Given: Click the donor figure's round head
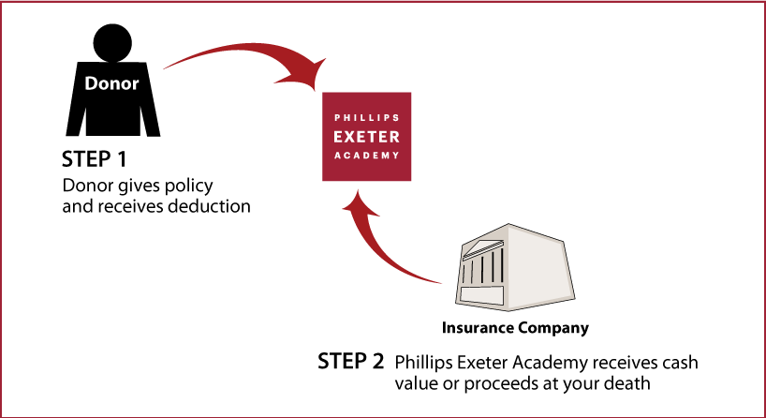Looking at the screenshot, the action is point(112,43).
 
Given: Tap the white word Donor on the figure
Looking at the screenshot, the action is point(111,83).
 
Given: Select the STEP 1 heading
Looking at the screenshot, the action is point(95,159).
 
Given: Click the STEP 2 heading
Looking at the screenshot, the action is point(351,361).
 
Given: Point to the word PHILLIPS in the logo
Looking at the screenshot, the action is point(367,118).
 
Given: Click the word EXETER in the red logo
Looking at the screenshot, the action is point(366,137).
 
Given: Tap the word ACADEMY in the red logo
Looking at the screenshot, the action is point(367,156).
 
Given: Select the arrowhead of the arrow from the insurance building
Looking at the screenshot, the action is point(359,204).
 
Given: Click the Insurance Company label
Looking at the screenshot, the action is point(515,327).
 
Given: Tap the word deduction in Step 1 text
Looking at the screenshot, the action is point(209,206).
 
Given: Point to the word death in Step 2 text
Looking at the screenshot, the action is point(627,382).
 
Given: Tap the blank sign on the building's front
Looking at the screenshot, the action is point(482,295).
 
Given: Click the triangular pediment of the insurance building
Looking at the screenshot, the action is point(480,247).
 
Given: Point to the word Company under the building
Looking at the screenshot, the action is point(553,328).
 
